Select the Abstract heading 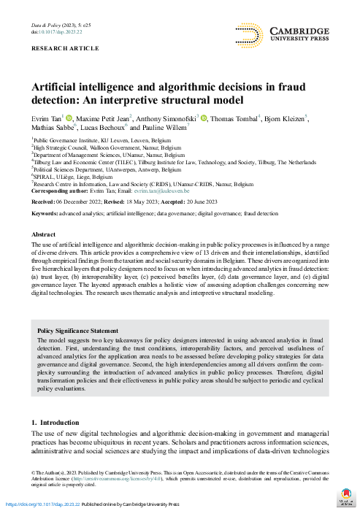43,235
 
